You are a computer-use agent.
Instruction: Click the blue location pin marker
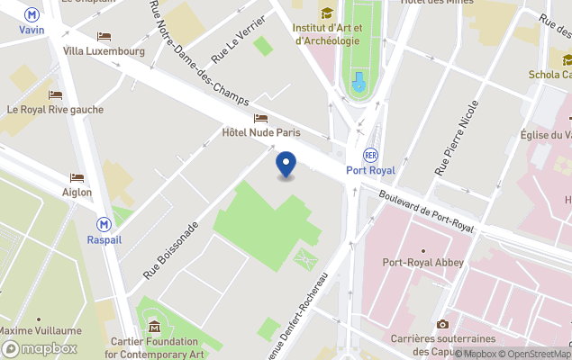coord(286,165)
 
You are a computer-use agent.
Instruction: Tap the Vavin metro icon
coord(32,14)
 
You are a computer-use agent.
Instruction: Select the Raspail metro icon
coord(104,224)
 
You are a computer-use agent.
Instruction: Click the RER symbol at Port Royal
coord(370,155)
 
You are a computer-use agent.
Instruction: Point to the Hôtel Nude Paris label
coord(260,132)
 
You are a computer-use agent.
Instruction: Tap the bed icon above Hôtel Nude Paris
coord(260,118)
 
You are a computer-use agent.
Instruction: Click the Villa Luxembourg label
coord(104,51)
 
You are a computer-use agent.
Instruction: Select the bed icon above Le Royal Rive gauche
coord(55,95)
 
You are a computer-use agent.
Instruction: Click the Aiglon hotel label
coord(77,192)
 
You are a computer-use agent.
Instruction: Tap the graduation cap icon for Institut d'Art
coord(326,13)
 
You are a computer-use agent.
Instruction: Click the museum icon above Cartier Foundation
coord(155,327)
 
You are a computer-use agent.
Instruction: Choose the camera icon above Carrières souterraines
coord(442,324)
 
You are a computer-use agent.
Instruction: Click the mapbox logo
coord(40,348)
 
